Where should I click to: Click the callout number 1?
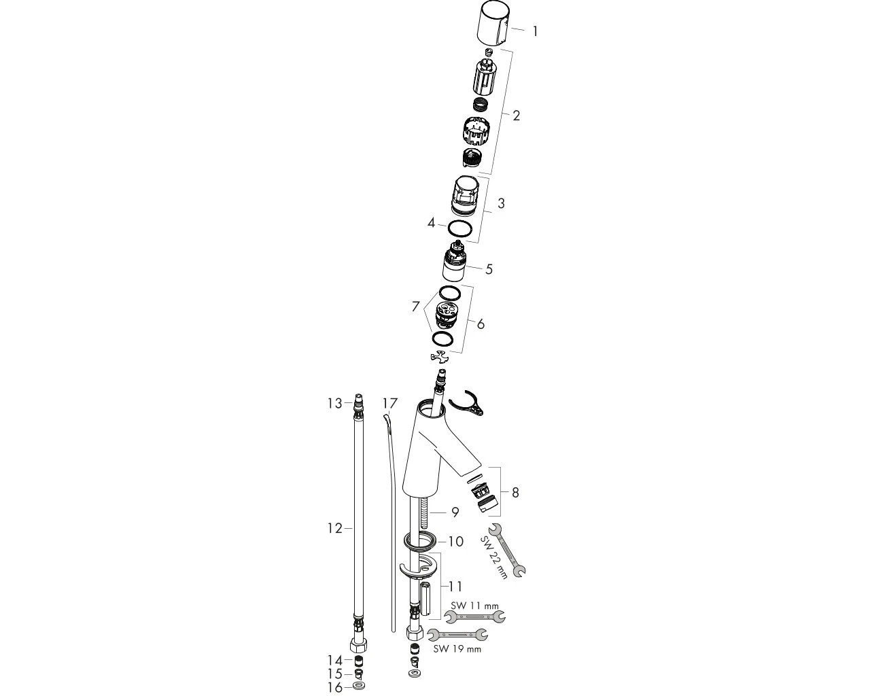coord(536,31)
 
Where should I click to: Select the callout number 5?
coord(489,269)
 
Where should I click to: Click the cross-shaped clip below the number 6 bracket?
coord(440,356)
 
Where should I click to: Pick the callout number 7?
coord(415,307)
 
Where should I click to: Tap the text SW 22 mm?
coord(493,557)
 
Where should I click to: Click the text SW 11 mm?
coord(474,606)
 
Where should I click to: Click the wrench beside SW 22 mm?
coord(507,550)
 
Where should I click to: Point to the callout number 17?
coord(390,403)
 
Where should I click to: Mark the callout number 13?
coord(334,404)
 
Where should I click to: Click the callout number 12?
coord(334,528)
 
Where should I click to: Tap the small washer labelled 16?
coord(358,686)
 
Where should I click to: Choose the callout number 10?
coord(455,542)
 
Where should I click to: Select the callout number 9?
coord(455,512)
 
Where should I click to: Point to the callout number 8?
coord(515,493)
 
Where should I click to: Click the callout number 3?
coord(502,203)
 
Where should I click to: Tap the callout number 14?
coord(335,661)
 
